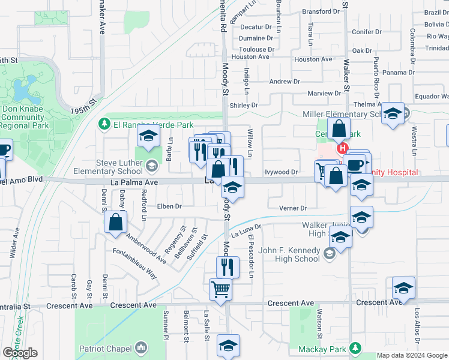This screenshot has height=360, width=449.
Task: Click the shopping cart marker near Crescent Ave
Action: (220, 290)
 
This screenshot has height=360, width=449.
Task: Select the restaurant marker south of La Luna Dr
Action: (228, 266)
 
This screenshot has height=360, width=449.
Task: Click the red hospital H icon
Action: (342, 148)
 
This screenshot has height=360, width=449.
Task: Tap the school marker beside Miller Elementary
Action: (393, 113)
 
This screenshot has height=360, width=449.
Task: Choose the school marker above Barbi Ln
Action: (148, 137)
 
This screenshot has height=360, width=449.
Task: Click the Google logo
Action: (20, 353)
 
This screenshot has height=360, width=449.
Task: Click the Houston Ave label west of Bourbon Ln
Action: (250, 57)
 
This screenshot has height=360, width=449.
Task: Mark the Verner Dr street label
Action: (293, 208)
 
